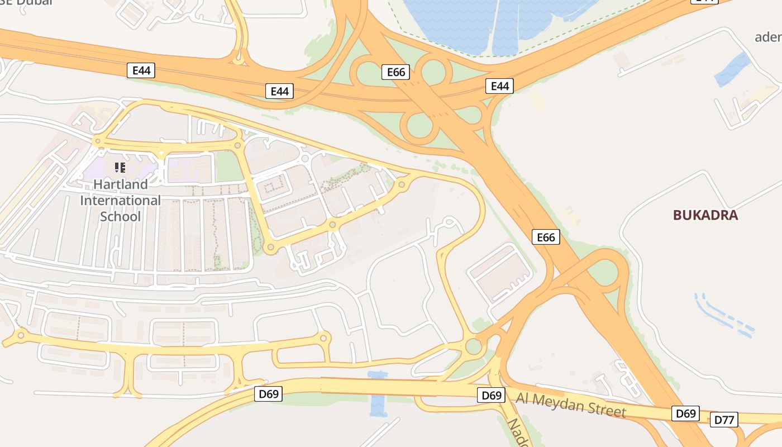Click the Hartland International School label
pos(120,200)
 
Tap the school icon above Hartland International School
pos(120,167)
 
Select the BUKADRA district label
pos(705,215)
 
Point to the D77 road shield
pos(724,420)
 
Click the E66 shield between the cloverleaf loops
pos(396,72)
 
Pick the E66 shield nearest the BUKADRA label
pos(546,237)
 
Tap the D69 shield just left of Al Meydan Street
pos(492,396)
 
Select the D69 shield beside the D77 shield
pos(685,413)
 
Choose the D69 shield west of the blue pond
pos(269,394)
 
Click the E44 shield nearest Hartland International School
pos(141,70)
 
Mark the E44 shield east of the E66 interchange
pos(499,86)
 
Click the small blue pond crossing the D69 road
pos(378,393)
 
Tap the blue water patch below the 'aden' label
pos(732,69)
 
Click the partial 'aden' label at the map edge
pos(768,37)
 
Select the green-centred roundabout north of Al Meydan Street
pos(474,346)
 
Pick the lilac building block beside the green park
pos(190,168)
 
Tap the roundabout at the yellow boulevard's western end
pos(21,335)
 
